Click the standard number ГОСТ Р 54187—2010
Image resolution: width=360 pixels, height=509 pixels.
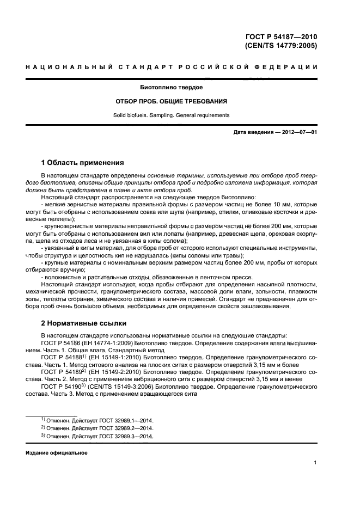(281, 37)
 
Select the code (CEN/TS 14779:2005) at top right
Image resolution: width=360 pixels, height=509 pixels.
(281, 46)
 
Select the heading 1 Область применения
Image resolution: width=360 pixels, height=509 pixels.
(83, 162)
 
